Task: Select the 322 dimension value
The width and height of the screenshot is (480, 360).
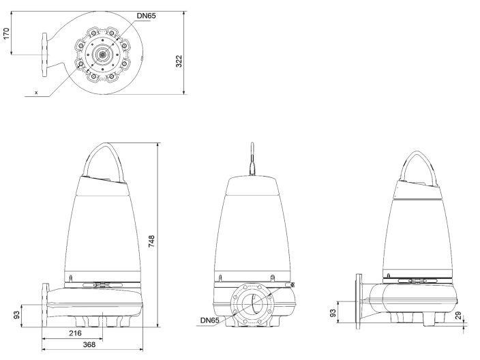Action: click(179, 61)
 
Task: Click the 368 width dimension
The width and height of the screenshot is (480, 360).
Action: click(89, 346)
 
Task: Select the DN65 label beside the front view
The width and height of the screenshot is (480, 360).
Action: click(210, 320)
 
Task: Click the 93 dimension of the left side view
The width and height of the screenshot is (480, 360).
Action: click(16, 316)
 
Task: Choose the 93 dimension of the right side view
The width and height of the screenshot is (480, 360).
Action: click(333, 313)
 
